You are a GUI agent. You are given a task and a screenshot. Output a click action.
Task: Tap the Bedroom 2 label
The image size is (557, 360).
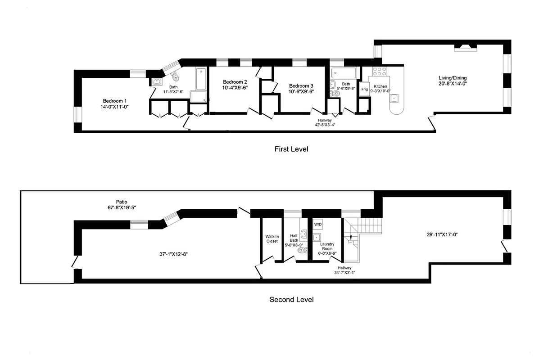235,82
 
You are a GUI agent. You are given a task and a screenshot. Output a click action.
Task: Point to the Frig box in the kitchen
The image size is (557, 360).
364,90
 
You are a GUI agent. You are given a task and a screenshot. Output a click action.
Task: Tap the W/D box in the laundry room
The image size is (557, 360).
318,224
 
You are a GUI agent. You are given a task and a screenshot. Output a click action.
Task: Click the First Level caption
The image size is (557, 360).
291,149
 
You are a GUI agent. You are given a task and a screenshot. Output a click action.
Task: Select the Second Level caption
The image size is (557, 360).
291,300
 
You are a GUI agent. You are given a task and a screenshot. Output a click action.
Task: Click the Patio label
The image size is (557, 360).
119,202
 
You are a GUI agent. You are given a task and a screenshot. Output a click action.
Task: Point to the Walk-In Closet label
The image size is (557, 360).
272,238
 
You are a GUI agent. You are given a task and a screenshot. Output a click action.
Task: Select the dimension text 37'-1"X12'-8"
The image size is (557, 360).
173,254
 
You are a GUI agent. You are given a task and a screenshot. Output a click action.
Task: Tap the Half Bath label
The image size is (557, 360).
294,238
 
